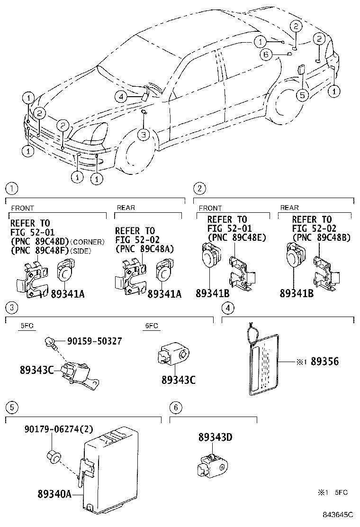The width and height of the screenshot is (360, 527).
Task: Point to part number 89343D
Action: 216,437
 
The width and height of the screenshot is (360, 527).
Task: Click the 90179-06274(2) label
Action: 59,429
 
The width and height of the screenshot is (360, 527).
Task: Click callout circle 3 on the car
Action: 144,135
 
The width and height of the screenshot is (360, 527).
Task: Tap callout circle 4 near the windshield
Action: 122,97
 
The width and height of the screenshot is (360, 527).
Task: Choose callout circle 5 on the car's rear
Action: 302,95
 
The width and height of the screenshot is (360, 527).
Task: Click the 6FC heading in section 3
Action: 151,326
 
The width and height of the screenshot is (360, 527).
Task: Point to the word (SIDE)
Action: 81,250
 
